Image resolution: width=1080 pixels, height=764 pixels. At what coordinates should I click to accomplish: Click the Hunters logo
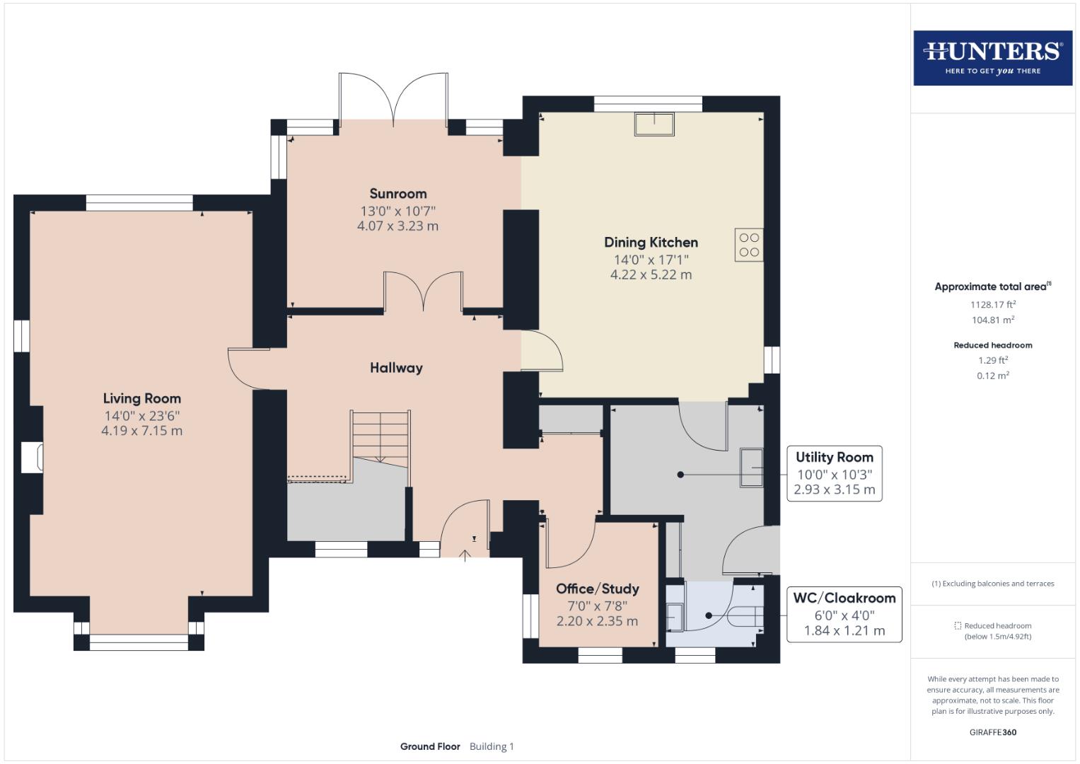[x=992, y=57]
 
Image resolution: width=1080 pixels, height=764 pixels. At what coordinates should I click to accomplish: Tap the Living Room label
[x=141, y=398]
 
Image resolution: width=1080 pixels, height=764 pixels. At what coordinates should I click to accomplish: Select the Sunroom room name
[x=397, y=193]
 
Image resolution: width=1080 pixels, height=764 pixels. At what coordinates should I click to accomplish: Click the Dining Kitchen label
[x=651, y=242]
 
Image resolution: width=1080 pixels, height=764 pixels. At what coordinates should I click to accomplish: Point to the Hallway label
[x=396, y=367]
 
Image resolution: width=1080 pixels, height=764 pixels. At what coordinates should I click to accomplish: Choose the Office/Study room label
[x=597, y=589]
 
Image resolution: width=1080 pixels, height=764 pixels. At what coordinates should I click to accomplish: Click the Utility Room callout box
[x=834, y=473]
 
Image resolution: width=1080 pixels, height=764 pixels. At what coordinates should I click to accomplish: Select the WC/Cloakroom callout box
[x=844, y=613]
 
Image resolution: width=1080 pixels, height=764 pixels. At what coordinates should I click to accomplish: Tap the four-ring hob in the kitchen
[x=749, y=245]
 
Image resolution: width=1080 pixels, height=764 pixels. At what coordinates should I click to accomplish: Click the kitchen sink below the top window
[x=654, y=124]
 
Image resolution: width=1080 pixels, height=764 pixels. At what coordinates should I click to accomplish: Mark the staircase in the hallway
[x=381, y=439]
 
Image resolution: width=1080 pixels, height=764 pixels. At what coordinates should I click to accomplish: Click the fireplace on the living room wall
[x=32, y=458]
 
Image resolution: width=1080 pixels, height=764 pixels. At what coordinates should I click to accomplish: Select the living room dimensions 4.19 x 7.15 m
[x=141, y=431]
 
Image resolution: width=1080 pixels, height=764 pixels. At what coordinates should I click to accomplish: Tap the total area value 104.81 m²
[x=992, y=320]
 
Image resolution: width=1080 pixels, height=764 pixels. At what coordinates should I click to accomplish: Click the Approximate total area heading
[x=992, y=286]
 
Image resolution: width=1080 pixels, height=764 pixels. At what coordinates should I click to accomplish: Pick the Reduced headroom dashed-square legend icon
[x=958, y=625]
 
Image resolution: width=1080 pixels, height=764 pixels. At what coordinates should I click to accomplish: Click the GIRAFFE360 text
[x=992, y=732]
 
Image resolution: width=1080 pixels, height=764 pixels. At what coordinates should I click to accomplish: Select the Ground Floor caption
[x=430, y=746]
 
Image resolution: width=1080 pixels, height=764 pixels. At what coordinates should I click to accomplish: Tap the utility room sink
[x=751, y=468]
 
